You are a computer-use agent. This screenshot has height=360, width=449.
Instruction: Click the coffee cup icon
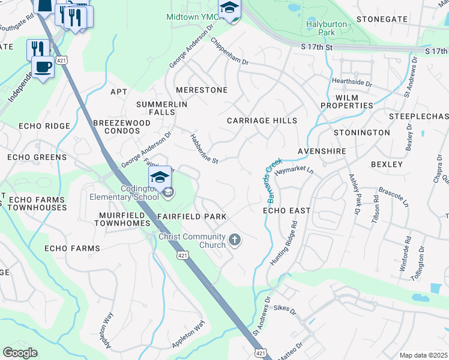[43, 67]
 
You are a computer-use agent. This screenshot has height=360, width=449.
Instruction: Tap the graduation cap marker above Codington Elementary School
[160, 177]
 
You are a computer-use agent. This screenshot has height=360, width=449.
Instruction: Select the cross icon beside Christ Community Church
[235, 241]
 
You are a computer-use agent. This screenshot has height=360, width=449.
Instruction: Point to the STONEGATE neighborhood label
[382, 19]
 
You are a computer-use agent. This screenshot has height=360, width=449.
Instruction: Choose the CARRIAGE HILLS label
[262, 121]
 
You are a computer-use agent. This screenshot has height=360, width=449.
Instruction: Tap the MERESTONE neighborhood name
[202, 90]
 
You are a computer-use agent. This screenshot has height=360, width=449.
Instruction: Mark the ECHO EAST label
[287, 211]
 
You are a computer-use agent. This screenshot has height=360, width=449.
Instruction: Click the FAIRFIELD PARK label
[192, 216]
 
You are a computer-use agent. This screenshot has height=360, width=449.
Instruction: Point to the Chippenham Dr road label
[229, 52]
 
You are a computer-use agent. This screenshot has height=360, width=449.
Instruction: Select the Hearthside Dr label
[358, 81]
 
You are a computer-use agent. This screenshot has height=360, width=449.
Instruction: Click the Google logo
[20, 353]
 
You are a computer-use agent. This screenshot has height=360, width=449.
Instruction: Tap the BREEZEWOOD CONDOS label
[122, 126]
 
